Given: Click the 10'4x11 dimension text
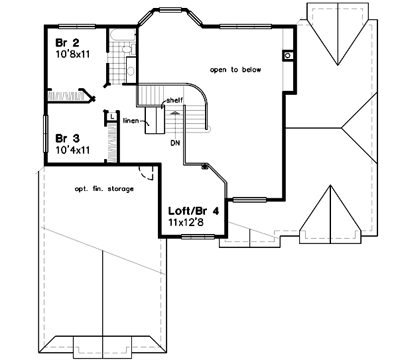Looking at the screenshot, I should [72, 151].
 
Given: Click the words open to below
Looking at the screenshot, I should [235, 70].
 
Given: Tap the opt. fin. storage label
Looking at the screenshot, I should [104, 189].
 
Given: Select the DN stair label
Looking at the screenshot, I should [175, 142].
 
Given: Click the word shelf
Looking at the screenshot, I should [174, 100].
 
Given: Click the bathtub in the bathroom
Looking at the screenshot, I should [122, 36].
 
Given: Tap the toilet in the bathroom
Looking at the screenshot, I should [129, 49].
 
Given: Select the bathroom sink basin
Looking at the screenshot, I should [131, 70].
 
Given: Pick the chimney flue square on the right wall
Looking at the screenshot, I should [287, 56].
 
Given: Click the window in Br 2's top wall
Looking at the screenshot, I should [75, 27].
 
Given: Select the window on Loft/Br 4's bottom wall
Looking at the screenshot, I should [193, 236].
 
